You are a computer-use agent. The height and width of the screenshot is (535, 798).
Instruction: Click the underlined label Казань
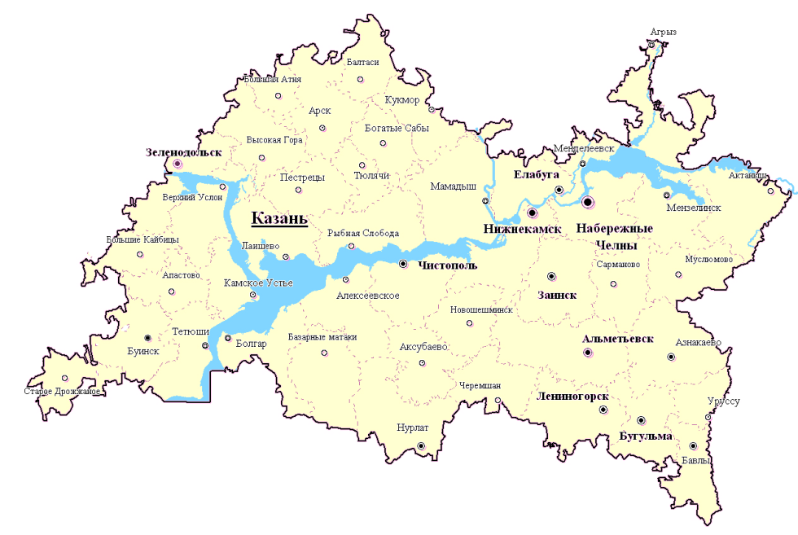pyautogui.click(x=278, y=217)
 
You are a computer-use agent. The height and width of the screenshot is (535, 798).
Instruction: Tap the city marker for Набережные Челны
pyautogui.click(x=588, y=202)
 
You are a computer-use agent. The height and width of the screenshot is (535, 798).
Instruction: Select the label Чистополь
pyautogui.click(x=447, y=265)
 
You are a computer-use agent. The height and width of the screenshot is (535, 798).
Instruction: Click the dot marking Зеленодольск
pyautogui.click(x=178, y=164)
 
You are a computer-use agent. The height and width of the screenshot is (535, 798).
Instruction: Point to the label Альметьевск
pyautogui.click(x=617, y=339)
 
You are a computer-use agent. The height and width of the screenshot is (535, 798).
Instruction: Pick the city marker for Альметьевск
pyautogui.click(x=588, y=353)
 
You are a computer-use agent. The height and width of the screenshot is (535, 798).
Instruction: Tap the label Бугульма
pyautogui.click(x=646, y=436)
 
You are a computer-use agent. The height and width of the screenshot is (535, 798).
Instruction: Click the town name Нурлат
pyautogui.click(x=411, y=427)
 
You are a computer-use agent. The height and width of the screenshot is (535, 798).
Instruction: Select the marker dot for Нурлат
pyautogui.click(x=421, y=445)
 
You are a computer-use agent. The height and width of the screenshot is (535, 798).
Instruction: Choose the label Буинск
pyautogui.click(x=143, y=350)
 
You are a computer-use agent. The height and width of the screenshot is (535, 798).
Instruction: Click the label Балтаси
pyautogui.click(x=362, y=62)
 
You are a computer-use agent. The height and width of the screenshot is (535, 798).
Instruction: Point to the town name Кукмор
pyautogui.click(x=401, y=100)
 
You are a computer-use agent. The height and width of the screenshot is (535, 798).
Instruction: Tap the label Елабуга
pyautogui.click(x=536, y=174)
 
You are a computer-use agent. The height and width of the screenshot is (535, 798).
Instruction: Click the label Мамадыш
pyautogui.click(x=454, y=186)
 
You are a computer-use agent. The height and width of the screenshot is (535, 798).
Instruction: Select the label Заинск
pyautogui.click(x=557, y=295)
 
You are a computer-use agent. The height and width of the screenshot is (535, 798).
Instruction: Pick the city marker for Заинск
pyautogui.click(x=551, y=276)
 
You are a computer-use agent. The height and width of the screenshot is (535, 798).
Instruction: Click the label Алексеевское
pyautogui.click(x=368, y=295)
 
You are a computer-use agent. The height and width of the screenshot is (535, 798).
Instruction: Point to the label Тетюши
pyautogui.click(x=191, y=331)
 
